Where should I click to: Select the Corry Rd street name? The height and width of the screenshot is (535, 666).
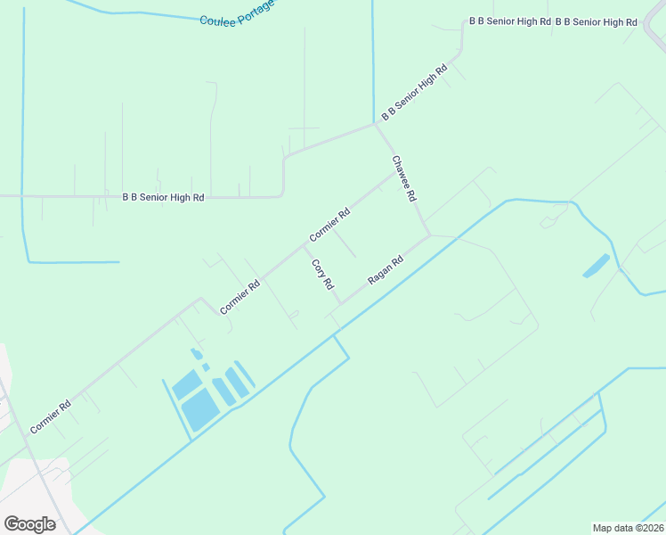pos(322,274)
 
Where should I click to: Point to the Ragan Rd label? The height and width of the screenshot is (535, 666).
pos(386,269)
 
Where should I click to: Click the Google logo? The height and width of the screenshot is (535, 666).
pos(29,523)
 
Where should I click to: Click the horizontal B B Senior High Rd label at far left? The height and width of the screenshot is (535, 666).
pos(163,196)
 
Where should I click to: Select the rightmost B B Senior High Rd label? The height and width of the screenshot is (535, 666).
pos(596,21)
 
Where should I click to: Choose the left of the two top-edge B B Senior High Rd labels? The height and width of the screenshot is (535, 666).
pos(510,21)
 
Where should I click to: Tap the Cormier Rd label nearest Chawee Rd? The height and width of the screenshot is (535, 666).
pos(330,225)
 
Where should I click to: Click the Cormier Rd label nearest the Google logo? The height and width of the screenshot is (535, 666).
pos(51,416)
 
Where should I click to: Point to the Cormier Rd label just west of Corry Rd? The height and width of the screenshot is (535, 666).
pos(240,297)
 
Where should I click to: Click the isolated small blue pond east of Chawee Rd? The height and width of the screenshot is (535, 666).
pos(597,265)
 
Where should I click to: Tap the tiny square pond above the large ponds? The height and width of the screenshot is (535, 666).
pos(205,366)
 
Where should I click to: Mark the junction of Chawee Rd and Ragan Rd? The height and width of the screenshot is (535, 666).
pos(430,235)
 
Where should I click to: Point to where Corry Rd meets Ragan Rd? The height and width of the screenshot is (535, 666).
pos(340,303)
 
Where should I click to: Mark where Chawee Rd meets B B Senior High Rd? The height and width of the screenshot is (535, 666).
pos(375,123)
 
